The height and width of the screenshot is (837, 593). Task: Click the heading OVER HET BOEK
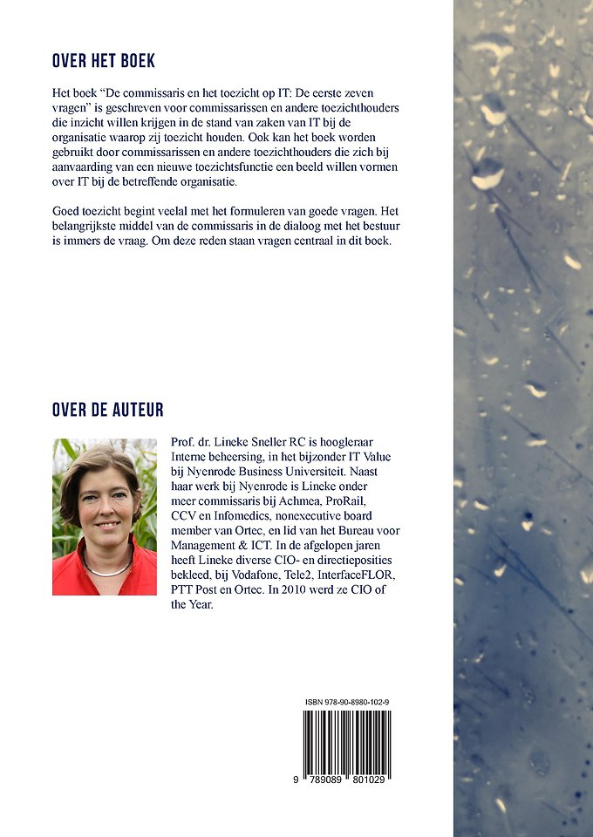[x=104, y=61]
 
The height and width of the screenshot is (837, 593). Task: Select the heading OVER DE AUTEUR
[x=107, y=410]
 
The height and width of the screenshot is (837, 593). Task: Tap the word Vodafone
[x=264, y=578]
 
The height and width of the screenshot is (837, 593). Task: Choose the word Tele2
[x=312, y=578]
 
